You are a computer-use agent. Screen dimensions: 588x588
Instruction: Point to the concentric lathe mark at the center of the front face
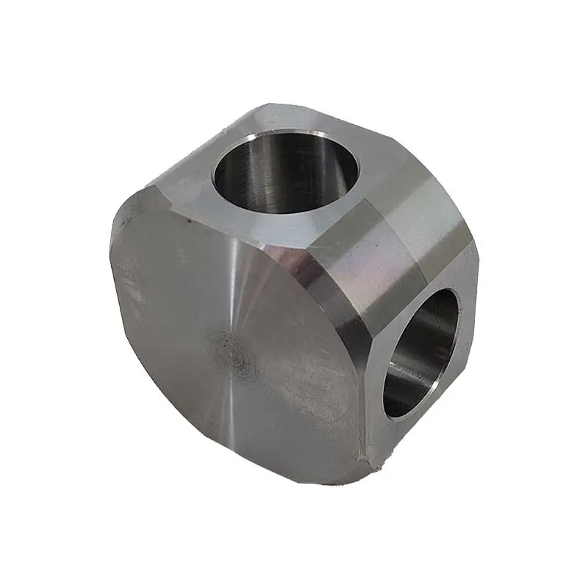234,351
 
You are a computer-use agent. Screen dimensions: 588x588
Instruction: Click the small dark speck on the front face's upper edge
190,218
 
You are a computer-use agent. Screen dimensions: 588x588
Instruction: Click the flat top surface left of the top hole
184,180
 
